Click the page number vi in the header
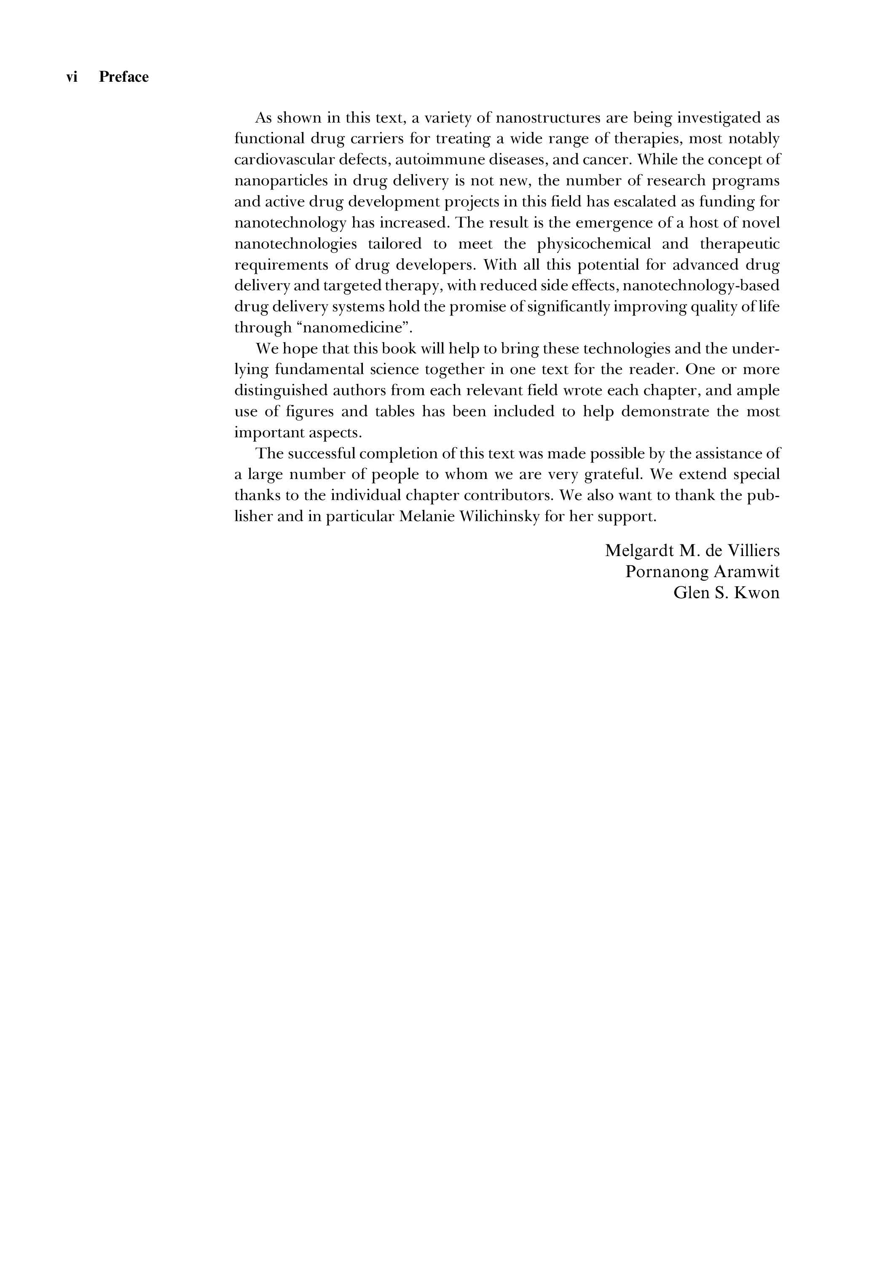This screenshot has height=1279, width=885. click(72, 77)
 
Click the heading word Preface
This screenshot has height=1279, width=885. click(123, 77)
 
